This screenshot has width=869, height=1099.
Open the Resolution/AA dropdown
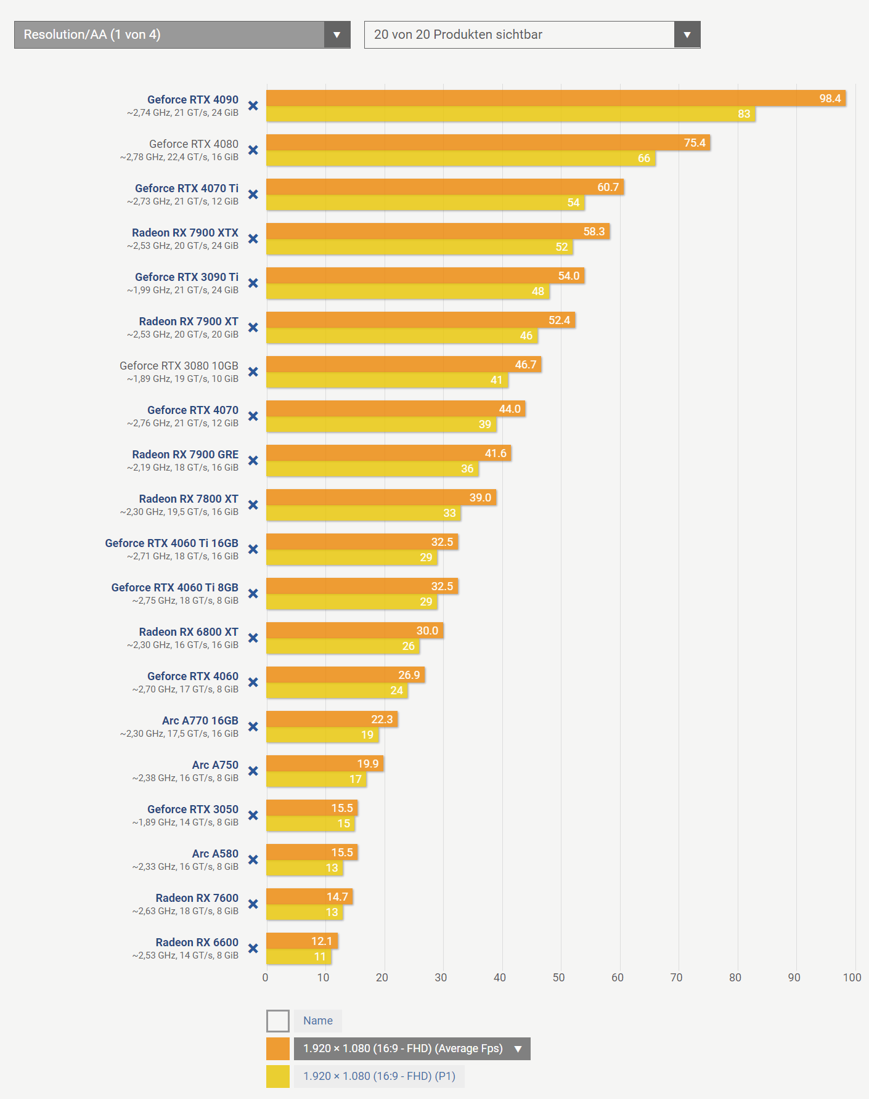coord(182,34)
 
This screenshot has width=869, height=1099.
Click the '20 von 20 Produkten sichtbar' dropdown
coord(532,34)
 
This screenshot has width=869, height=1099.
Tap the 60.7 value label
coord(608,187)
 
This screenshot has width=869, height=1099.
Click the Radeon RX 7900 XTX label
coord(185,233)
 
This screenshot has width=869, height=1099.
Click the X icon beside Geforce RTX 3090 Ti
coord(253,283)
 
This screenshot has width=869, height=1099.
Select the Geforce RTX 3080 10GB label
coord(179,366)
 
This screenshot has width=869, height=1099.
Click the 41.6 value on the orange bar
coord(496,453)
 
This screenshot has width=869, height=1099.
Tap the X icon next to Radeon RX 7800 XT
coord(253,505)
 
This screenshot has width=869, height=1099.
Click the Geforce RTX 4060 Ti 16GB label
coord(171,543)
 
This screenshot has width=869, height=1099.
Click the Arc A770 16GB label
coord(200,721)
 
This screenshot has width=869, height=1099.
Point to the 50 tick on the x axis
coord(558,978)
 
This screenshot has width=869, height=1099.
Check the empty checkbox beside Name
coord(278,1021)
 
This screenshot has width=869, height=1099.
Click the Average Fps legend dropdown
coord(412,1048)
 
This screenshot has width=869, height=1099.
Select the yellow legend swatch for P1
coord(278,1076)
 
